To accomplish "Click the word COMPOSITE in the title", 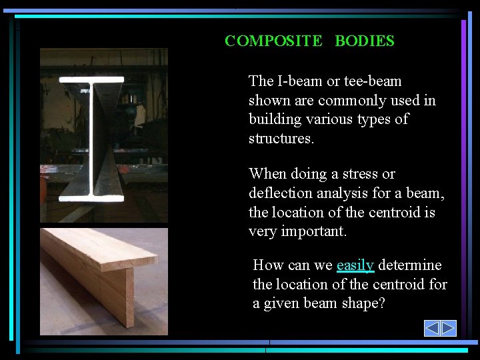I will (x=273, y=41).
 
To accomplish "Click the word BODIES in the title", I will (x=365, y=41).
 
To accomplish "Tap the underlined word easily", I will (x=355, y=265).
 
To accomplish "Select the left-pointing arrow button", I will (x=432, y=328).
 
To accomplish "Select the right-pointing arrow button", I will (x=448, y=328).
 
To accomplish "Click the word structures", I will (x=280, y=139).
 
